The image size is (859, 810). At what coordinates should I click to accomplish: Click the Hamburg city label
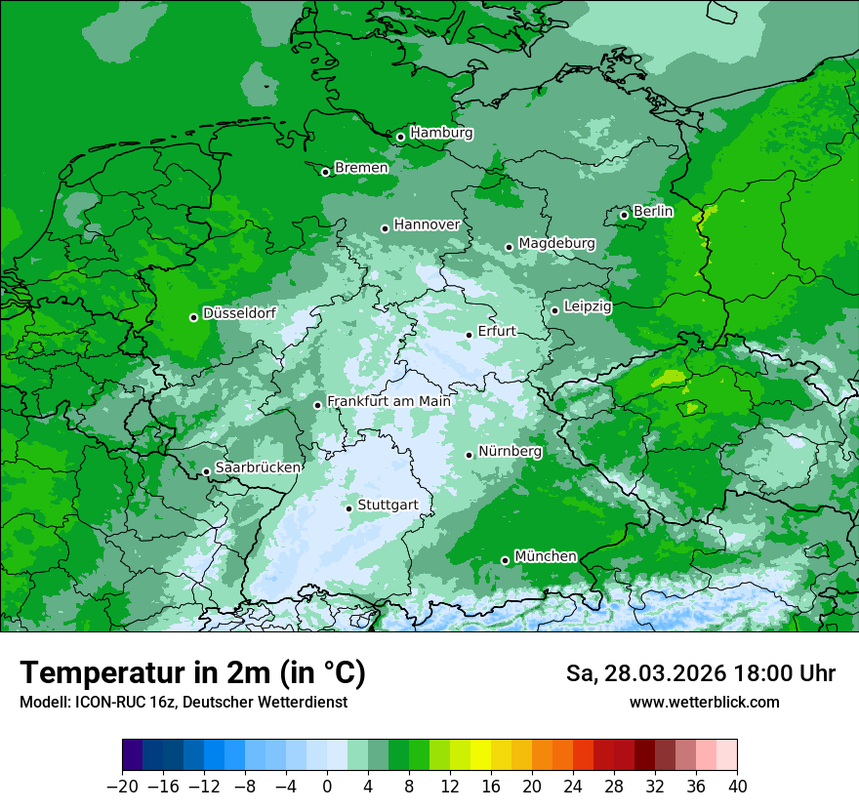point(441,133)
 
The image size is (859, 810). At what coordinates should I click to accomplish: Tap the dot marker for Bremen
point(325,172)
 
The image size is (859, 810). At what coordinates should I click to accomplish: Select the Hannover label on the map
point(427,224)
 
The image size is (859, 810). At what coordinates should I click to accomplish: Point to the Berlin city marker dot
point(624,215)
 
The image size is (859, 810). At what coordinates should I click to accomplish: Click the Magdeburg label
point(556,243)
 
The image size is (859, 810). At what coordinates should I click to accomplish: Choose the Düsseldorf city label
point(239,313)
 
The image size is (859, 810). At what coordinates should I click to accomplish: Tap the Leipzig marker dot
point(554,310)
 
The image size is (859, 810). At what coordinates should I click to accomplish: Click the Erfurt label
point(497,331)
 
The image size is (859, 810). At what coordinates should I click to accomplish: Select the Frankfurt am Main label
point(389,401)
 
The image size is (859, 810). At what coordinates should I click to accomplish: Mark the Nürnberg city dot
point(470,455)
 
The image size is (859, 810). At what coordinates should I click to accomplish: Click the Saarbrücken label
point(258,467)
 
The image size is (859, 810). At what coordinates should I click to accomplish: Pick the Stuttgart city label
point(388,505)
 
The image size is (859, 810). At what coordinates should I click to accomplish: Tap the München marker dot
point(505,560)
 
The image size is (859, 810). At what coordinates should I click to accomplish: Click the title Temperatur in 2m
point(192,672)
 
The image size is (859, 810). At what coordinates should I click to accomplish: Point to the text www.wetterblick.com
point(704,702)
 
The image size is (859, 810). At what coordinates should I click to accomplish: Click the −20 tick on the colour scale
point(122,786)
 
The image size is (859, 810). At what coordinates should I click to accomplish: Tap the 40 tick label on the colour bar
point(737,786)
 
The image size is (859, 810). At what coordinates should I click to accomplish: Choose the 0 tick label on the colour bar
point(327,786)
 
